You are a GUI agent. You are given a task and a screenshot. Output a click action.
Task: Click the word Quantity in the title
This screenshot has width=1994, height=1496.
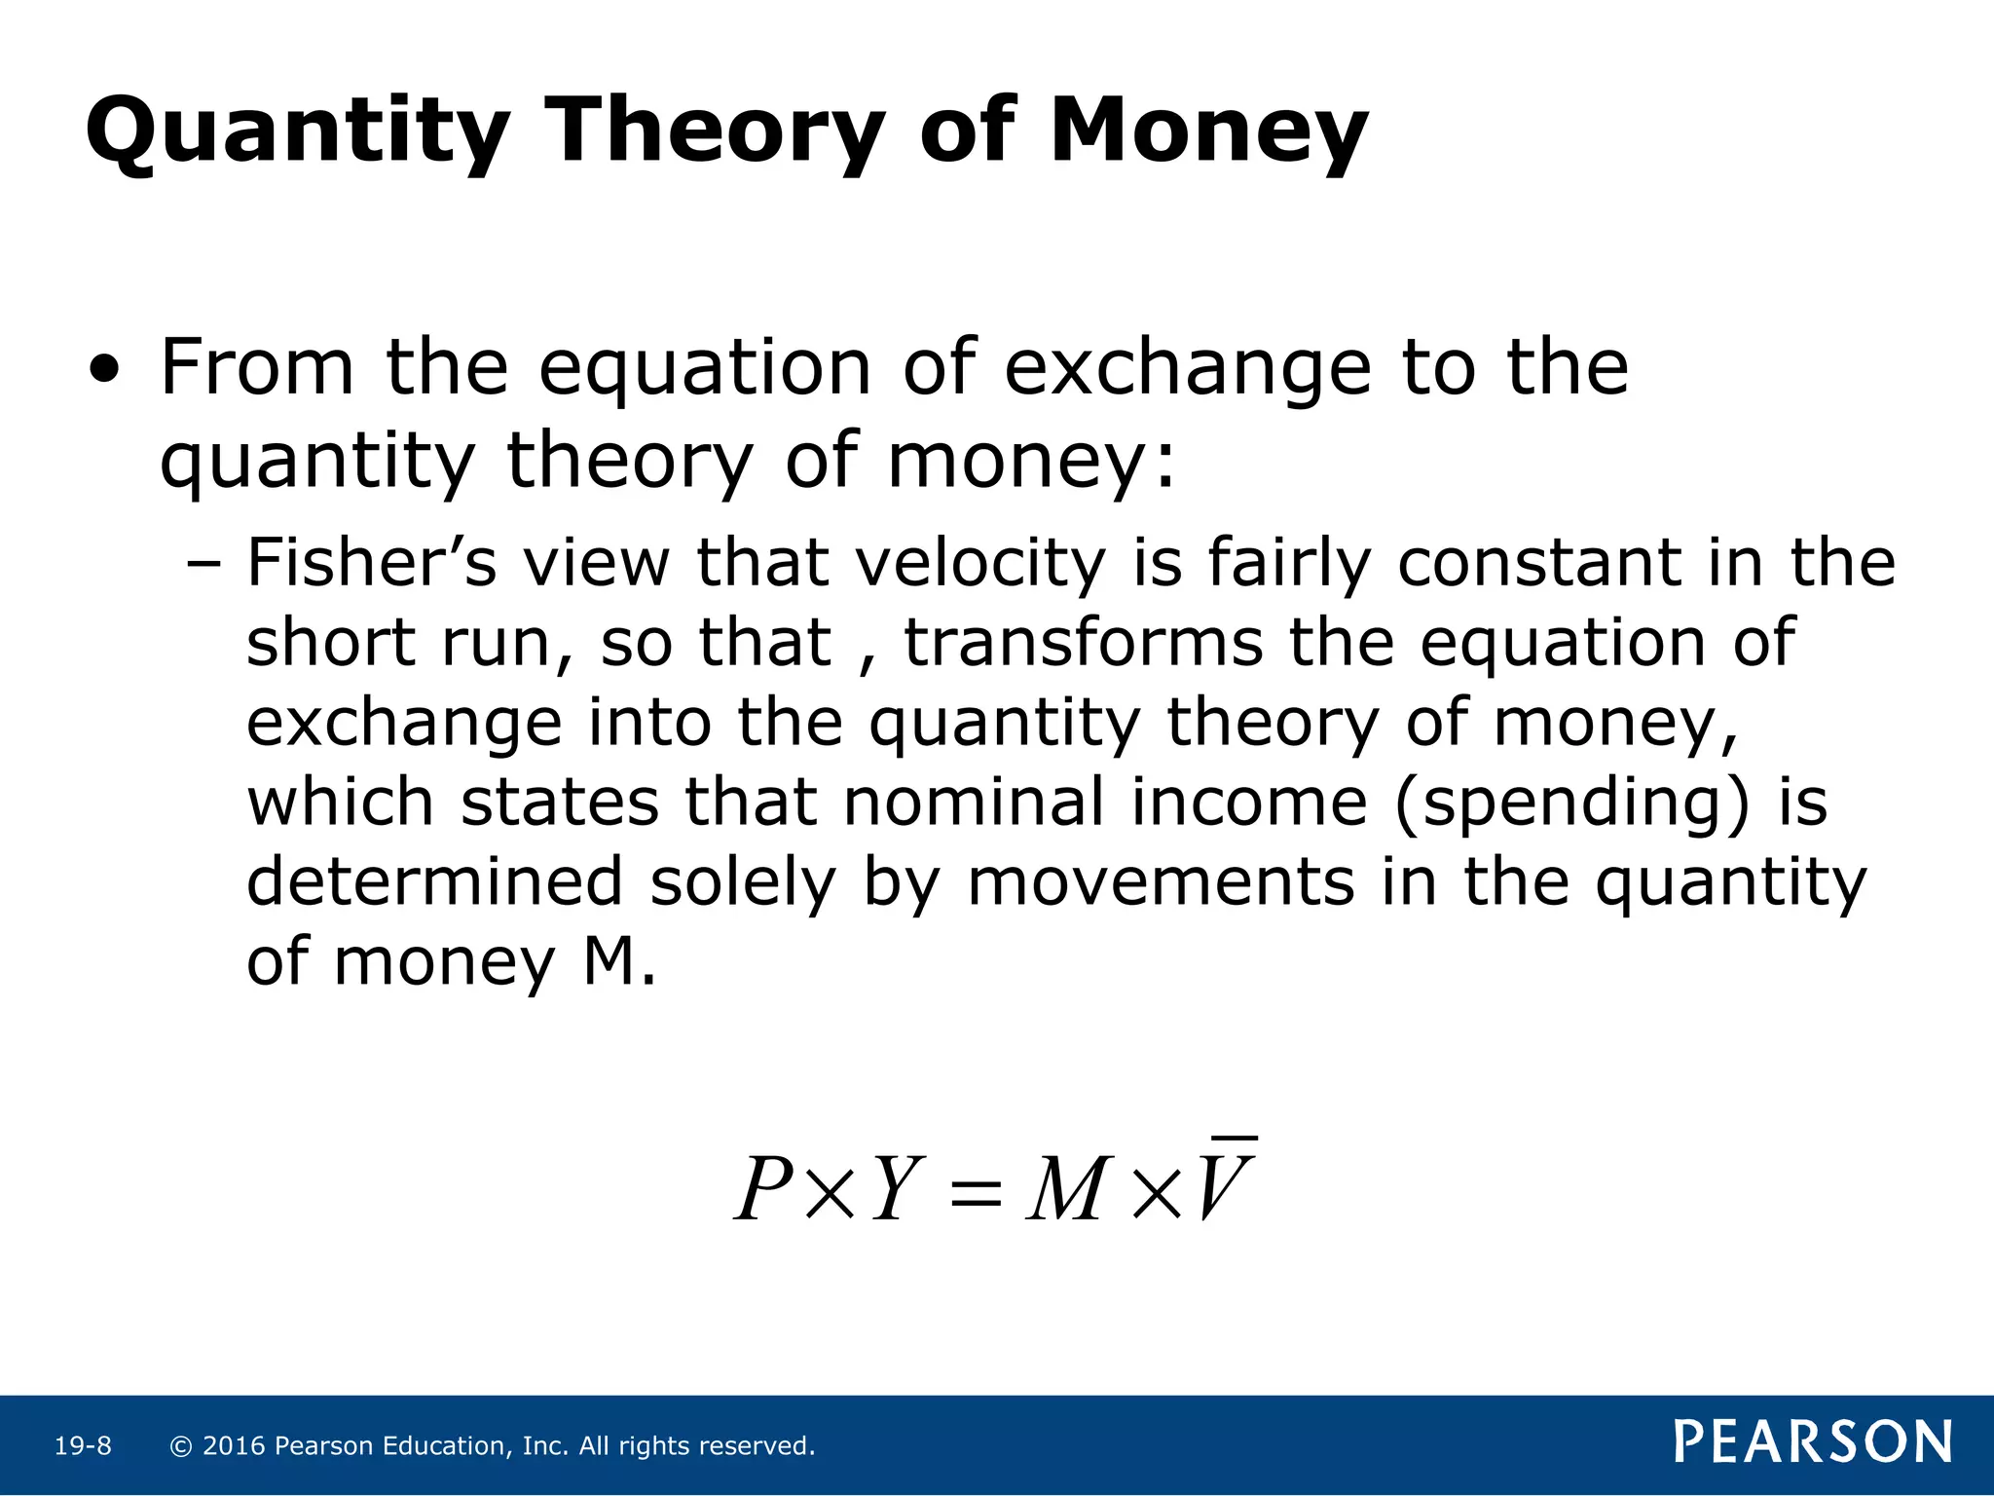tap(297, 131)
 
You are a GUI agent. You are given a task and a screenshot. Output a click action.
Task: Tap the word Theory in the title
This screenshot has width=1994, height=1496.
tap(714, 131)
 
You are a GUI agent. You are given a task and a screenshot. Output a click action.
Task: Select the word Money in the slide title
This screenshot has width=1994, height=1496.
tap(1208, 131)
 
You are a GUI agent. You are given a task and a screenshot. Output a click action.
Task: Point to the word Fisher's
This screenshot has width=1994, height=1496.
tap(371, 563)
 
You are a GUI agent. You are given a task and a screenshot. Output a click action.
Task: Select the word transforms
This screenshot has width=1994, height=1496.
tap(1084, 643)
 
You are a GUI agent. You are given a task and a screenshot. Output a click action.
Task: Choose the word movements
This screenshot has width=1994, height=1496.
tap(1161, 882)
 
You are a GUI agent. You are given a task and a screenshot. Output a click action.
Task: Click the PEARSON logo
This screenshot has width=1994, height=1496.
tap(1812, 1442)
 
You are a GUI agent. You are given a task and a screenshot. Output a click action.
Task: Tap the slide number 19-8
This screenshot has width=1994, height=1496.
tap(83, 1446)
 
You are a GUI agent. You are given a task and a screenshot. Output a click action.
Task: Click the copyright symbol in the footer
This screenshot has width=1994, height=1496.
tap(180, 1446)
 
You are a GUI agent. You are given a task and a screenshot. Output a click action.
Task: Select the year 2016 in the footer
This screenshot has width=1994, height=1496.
tap(234, 1446)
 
